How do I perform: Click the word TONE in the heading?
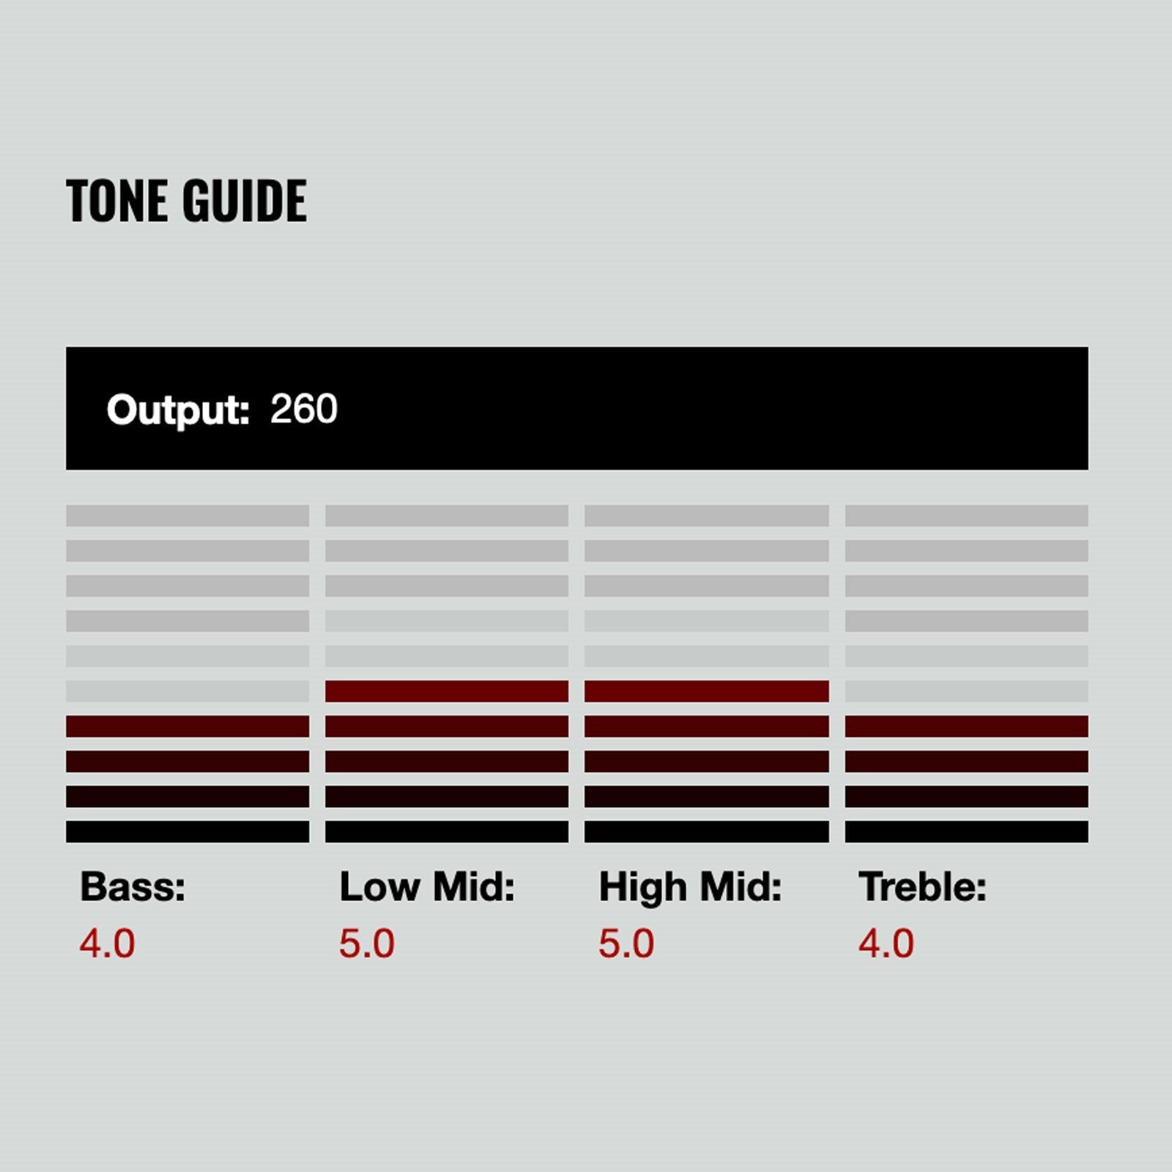point(118,201)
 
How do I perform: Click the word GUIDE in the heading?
point(245,201)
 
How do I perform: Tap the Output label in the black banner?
point(178,409)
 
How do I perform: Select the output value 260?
point(304,409)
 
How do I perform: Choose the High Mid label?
point(690,887)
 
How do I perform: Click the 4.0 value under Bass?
point(107,943)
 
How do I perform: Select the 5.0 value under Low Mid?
point(366,943)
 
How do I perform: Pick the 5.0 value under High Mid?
point(626,943)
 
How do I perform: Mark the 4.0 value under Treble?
point(886,943)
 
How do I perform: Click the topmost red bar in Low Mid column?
point(447,691)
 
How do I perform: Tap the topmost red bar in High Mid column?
point(707,691)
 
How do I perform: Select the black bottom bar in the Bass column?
point(188,831)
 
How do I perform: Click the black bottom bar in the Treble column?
point(967,831)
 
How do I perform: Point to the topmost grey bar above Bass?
point(188,516)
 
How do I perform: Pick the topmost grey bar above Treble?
point(967,516)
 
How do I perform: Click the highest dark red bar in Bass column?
point(188,726)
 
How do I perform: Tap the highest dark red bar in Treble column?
point(967,726)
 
